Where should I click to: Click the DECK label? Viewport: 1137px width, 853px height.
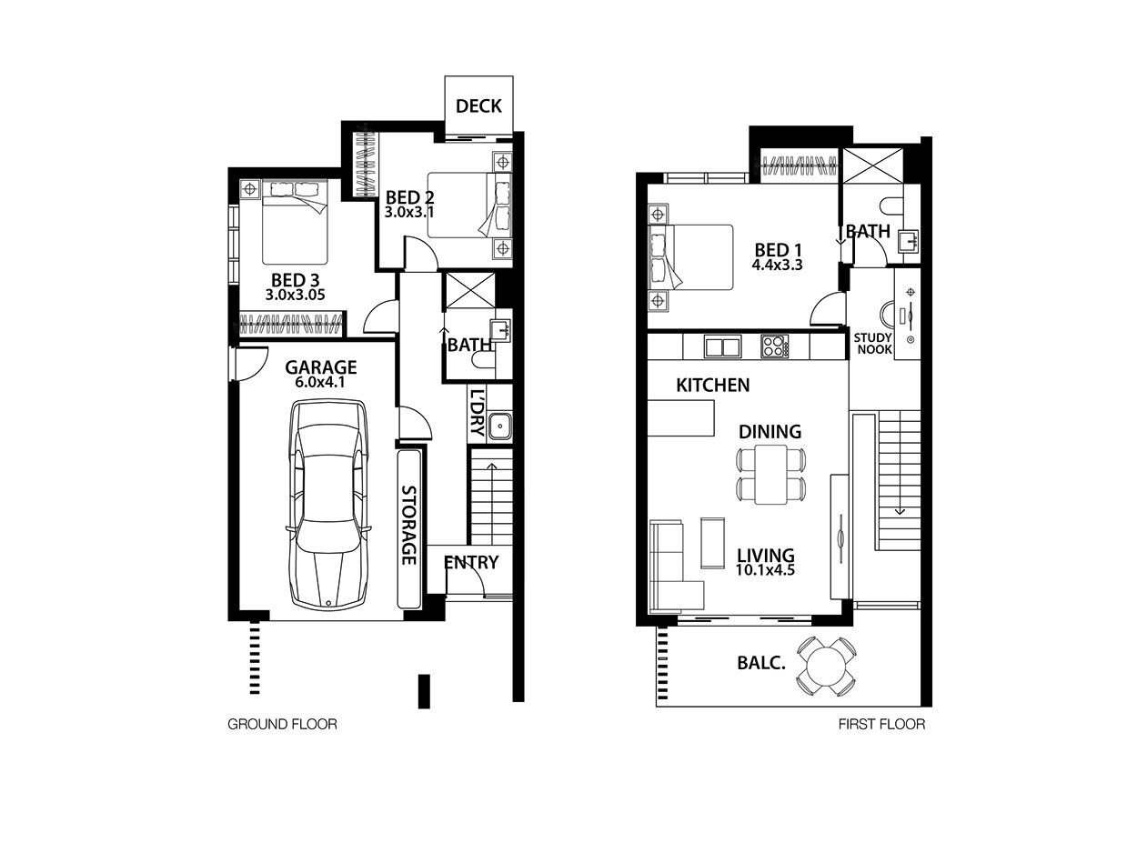tap(478, 106)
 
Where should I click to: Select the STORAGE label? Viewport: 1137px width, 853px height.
tap(409, 525)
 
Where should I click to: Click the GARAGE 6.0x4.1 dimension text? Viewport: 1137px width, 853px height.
tap(320, 383)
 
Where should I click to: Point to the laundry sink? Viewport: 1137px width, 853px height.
tap(500, 426)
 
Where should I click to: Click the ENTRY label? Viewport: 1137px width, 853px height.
tap(471, 562)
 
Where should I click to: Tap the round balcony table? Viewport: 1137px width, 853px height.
tap(826, 667)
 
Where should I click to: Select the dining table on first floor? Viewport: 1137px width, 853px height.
tap(770, 474)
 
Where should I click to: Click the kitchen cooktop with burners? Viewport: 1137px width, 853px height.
tap(774, 346)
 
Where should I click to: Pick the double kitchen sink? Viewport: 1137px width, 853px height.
tap(722, 346)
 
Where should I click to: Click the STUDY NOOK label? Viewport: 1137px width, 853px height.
tap(873, 344)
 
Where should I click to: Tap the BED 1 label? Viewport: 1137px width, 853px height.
tap(778, 250)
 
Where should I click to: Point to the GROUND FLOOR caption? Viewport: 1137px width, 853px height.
tap(282, 724)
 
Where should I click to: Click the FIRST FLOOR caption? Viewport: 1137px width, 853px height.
tap(881, 724)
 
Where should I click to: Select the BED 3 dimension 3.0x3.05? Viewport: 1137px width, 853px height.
tap(295, 296)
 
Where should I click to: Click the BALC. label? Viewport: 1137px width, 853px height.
tap(761, 664)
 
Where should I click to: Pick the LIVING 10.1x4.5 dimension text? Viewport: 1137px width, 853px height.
tap(766, 571)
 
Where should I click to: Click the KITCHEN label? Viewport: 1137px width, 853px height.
tap(713, 386)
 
